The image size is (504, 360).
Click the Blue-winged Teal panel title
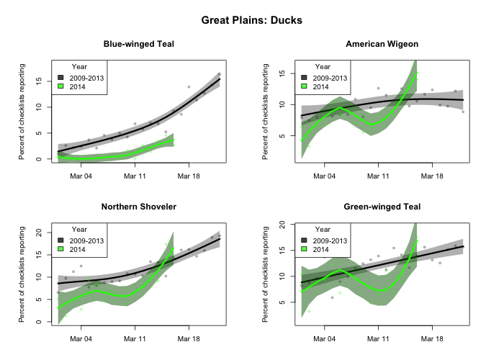point(138,44)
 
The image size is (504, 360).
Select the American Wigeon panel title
point(382,44)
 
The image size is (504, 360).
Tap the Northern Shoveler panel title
point(138,207)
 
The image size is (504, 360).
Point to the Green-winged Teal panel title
point(382,207)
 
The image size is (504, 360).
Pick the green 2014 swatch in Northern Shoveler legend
point(60,249)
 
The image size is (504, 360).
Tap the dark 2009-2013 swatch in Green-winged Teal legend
point(304,240)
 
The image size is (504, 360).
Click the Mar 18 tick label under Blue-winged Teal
point(189,175)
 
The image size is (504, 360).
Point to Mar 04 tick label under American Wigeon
point(325,175)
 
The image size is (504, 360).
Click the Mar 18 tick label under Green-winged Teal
point(432,338)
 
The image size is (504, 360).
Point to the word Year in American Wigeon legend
point(324,67)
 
